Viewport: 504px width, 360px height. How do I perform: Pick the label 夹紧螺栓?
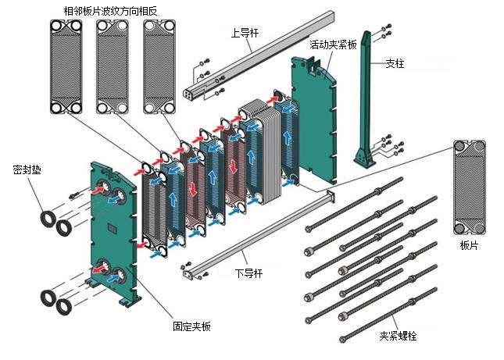pos(399,336)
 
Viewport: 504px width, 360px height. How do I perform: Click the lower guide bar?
pos(258,233)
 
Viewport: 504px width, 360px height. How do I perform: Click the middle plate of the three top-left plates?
pos(113,66)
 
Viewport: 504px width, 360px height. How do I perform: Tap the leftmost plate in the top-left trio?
pos(66,66)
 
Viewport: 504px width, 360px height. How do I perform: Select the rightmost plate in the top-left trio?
pos(159,66)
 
